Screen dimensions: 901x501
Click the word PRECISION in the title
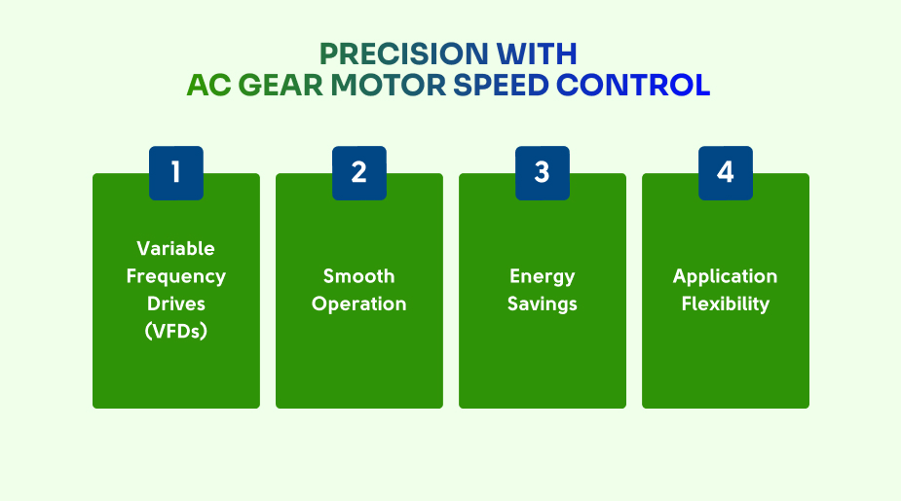(x=403, y=54)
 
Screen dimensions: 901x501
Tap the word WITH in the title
(x=537, y=54)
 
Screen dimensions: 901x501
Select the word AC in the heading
(x=208, y=85)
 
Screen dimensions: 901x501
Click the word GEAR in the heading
(x=281, y=85)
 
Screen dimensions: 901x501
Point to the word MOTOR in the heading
(x=389, y=85)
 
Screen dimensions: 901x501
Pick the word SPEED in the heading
(x=501, y=85)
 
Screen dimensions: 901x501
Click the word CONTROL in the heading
(x=633, y=85)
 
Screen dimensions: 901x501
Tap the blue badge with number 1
(x=176, y=173)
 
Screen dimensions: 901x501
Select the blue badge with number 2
(x=359, y=173)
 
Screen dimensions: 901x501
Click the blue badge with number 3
(x=543, y=173)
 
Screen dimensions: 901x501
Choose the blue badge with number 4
(x=726, y=173)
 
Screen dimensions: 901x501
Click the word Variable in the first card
(x=176, y=248)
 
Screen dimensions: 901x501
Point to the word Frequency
(x=176, y=276)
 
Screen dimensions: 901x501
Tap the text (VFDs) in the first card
(x=176, y=331)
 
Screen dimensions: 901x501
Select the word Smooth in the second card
(x=359, y=276)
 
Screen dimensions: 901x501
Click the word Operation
(x=359, y=304)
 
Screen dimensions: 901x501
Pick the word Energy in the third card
(x=543, y=276)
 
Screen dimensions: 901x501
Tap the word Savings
(x=543, y=304)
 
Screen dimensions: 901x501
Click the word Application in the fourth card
(x=725, y=276)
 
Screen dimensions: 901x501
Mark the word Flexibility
(x=725, y=304)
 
